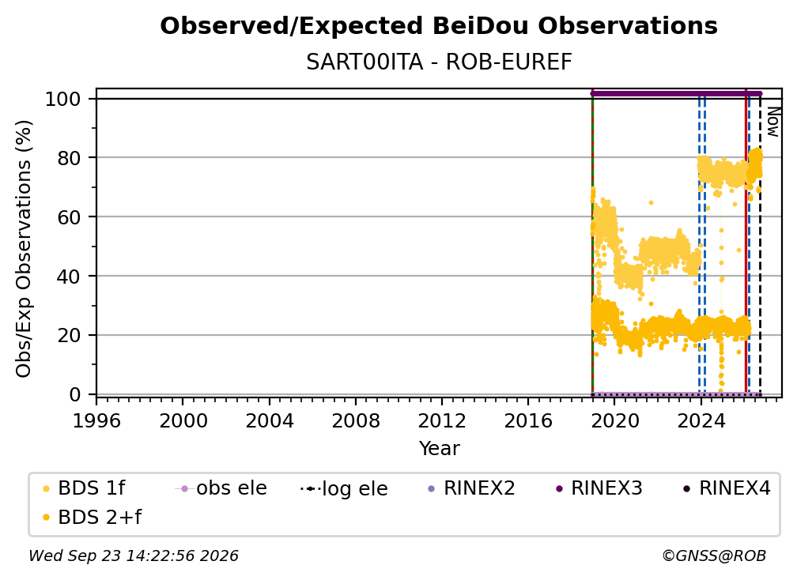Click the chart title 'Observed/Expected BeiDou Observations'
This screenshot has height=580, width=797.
[439, 26]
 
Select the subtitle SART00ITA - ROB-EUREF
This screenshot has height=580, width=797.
[439, 62]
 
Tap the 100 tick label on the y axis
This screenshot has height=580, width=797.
[63, 99]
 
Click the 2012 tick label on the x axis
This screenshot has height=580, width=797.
[442, 421]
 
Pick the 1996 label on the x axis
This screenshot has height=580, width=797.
[96, 421]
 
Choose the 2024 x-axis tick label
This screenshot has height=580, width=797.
[701, 421]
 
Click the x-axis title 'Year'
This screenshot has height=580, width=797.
[439, 449]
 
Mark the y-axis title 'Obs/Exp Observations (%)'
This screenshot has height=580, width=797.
[24, 248]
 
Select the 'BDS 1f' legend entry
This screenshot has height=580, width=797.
[84, 488]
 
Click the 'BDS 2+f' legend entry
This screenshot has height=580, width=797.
[92, 518]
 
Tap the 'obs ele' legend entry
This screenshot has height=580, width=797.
[221, 488]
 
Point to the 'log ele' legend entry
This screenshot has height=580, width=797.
[344, 488]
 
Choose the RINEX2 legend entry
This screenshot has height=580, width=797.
[472, 488]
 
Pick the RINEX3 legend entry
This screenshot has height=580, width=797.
[599, 488]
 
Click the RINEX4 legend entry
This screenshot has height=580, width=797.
[727, 488]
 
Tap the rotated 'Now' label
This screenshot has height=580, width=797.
[772, 122]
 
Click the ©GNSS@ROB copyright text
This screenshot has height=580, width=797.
[714, 556]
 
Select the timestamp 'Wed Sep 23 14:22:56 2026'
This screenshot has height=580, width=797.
[134, 556]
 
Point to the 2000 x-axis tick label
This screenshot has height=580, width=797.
[183, 421]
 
